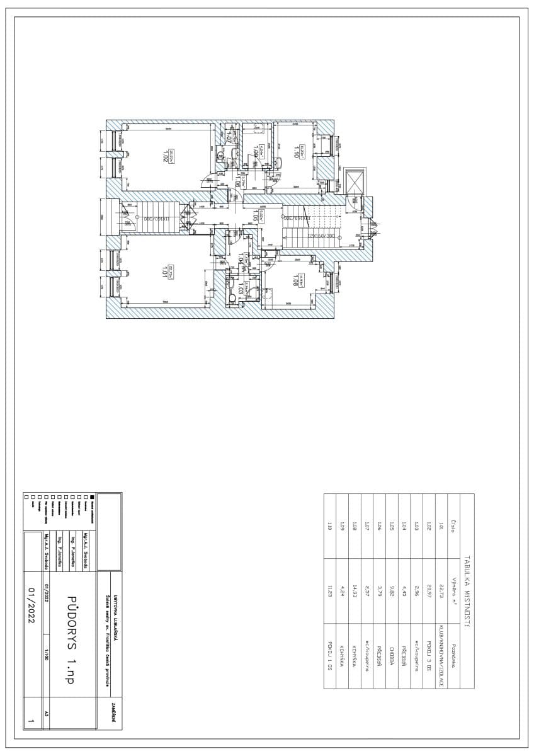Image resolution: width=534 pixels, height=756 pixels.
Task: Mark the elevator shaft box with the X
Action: point(356,181)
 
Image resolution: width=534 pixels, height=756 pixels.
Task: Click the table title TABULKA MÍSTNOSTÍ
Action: point(467,591)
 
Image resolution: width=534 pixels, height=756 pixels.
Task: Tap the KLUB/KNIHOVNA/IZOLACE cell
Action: point(441,655)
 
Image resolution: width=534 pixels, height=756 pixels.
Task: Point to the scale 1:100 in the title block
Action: point(45,653)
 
